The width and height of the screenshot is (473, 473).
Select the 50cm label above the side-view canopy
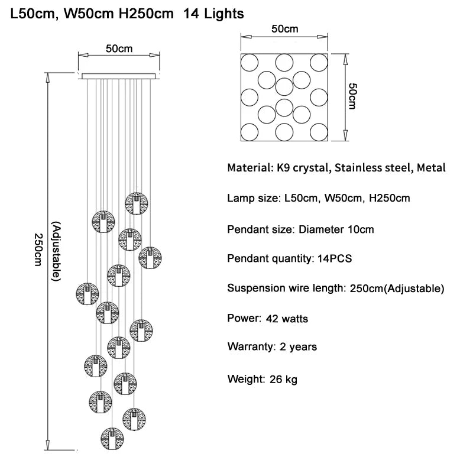[x=119, y=48]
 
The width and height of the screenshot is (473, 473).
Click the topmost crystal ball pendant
[x=136, y=203]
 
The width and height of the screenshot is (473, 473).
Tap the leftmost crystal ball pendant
[x=88, y=293]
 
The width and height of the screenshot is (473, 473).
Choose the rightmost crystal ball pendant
[x=150, y=257]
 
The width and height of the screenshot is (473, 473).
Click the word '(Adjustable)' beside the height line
[x=56, y=251]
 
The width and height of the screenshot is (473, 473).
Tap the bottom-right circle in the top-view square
[x=319, y=131]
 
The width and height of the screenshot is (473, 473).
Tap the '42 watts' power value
[x=287, y=319]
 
